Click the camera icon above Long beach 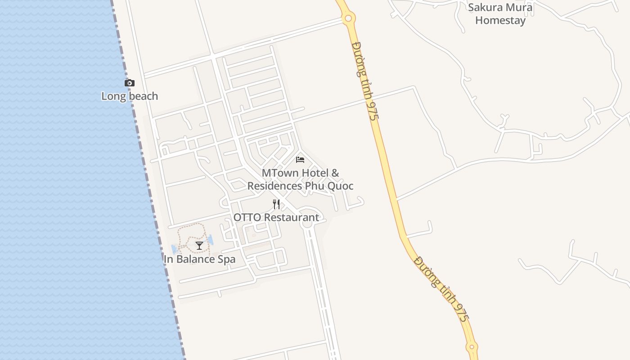click(130, 83)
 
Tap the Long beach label click(130, 96)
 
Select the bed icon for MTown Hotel click(300, 159)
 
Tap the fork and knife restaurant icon click(276, 204)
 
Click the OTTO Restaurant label click(276, 218)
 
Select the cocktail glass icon click(199, 246)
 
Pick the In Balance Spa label click(199, 259)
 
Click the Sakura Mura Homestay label click(500, 14)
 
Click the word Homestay click(500, 20)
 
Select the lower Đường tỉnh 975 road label click(442, 289)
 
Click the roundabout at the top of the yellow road click(348, 18)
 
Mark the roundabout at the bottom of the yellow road click(472, 347)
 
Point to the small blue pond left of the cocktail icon click(174, 249)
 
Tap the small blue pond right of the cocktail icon click(210, 240)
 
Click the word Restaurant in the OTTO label click(291, 218)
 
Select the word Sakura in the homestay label click(484, 8)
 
